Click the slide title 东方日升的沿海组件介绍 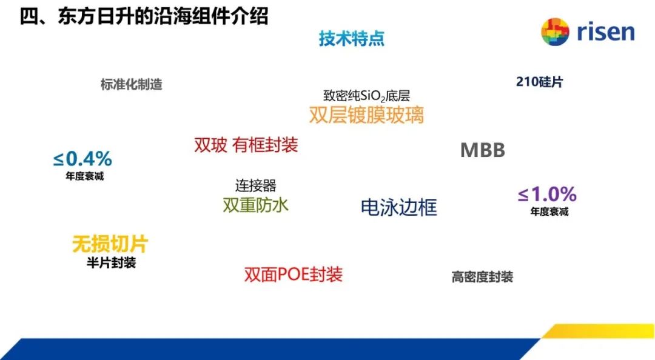coord(163,17)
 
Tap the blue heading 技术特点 coord(352,38)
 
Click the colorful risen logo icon coord(555,32)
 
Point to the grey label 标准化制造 coord(131,84)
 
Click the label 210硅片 coord(539,82)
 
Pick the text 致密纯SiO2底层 coord(366,96)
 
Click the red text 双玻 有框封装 coord(246,145)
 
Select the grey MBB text coord(483,150)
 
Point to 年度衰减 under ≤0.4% coord(84,176)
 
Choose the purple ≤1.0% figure coord(547,194)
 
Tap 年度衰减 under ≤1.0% coord(549,212)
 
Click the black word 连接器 coord(256,185)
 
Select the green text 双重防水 coord(256,205)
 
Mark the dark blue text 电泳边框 coord(399,207)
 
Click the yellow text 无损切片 coord(110,244)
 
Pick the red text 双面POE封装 coord(294,275)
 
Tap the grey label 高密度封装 coord(482,277)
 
